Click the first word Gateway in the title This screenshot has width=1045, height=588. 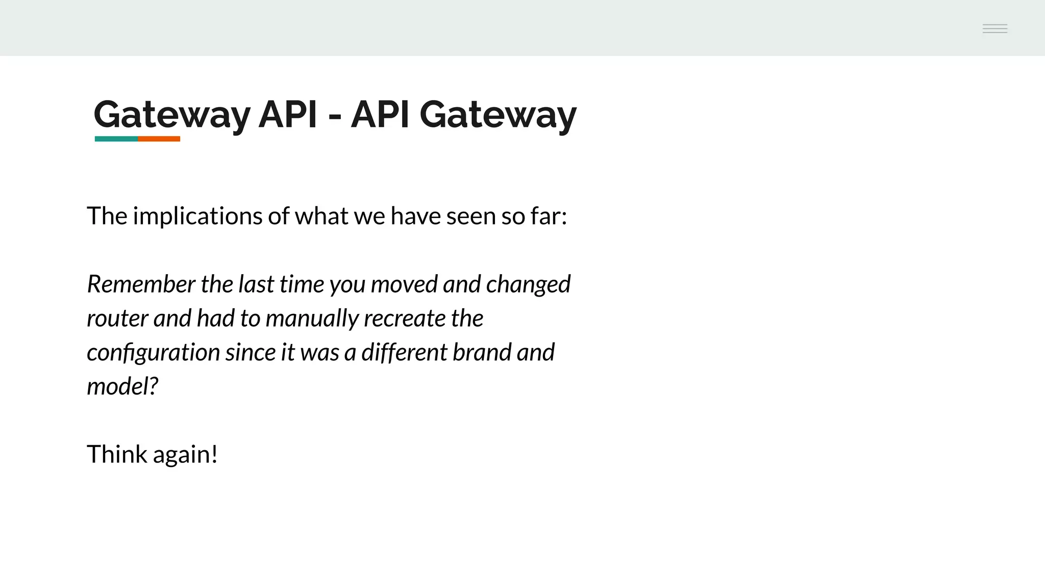(172, 115)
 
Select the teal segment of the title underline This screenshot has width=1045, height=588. (116, 139)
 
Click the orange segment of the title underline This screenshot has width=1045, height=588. (159, 139)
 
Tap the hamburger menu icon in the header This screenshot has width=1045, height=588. (995, 29)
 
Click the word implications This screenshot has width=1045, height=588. (197, 216)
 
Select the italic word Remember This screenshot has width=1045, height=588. (141, 284)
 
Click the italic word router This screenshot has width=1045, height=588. (117, 318)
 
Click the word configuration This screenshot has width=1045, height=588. (153, 353)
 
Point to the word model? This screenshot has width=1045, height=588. (122, 386)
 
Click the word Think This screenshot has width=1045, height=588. (117, 454)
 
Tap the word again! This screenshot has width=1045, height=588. (185, 455)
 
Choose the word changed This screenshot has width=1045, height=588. (528, 285)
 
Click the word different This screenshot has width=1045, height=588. (405, 352)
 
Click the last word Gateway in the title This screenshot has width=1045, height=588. (498, 115)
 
